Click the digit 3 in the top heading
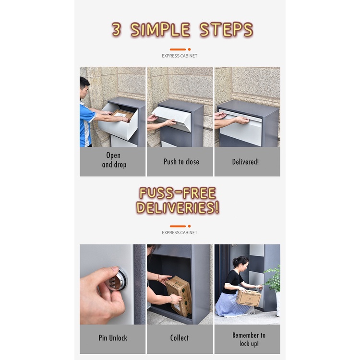116,29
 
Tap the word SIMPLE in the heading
160,29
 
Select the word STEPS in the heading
226,29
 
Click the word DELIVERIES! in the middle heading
178,207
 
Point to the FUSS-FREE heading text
178,193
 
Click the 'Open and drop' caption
114,160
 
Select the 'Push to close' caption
181,162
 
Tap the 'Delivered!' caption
245,162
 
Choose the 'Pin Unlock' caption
113,338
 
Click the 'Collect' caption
180,338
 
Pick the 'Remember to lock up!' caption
249,339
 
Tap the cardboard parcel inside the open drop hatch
122,114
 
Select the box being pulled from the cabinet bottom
179,296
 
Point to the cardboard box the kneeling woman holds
249,298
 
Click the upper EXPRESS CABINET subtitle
180,56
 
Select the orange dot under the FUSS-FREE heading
189,226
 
